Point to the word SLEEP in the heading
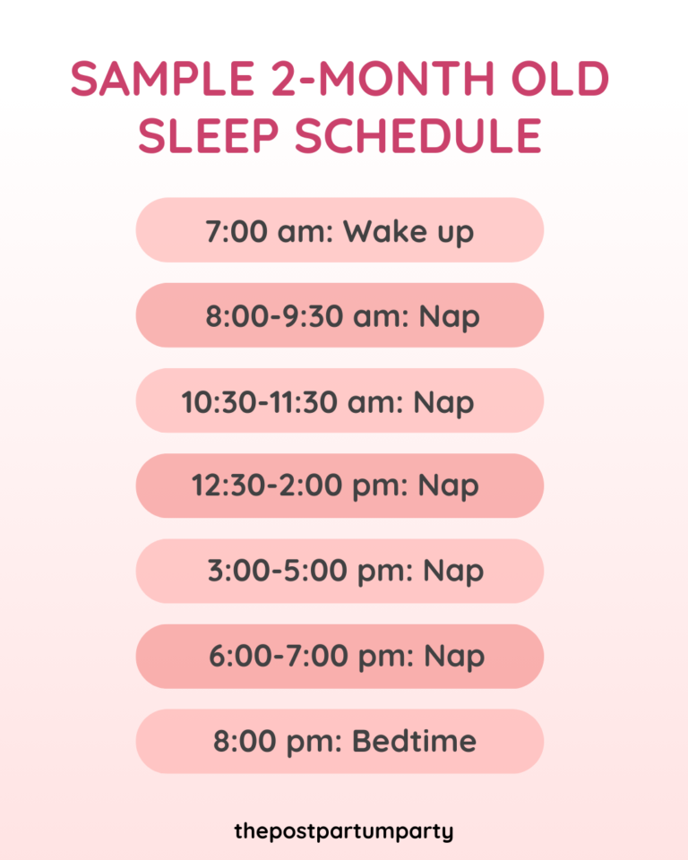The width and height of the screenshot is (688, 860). pos(205,136)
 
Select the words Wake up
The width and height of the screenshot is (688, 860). pos(408,231)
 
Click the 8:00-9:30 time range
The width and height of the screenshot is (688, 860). pos(280,316)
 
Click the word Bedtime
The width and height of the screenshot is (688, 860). pos(414,742)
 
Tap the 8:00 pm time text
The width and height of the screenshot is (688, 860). pos(277,742)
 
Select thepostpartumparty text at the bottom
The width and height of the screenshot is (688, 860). pos(344,831)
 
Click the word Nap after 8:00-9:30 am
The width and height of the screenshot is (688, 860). pos(449,316)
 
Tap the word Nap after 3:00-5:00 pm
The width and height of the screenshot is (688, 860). pos(453,572)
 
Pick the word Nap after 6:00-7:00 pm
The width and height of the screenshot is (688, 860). pos(454,657)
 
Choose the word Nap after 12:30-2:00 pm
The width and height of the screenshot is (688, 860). pos(448,486)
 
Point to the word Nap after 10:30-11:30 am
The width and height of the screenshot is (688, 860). pos(443,401)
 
